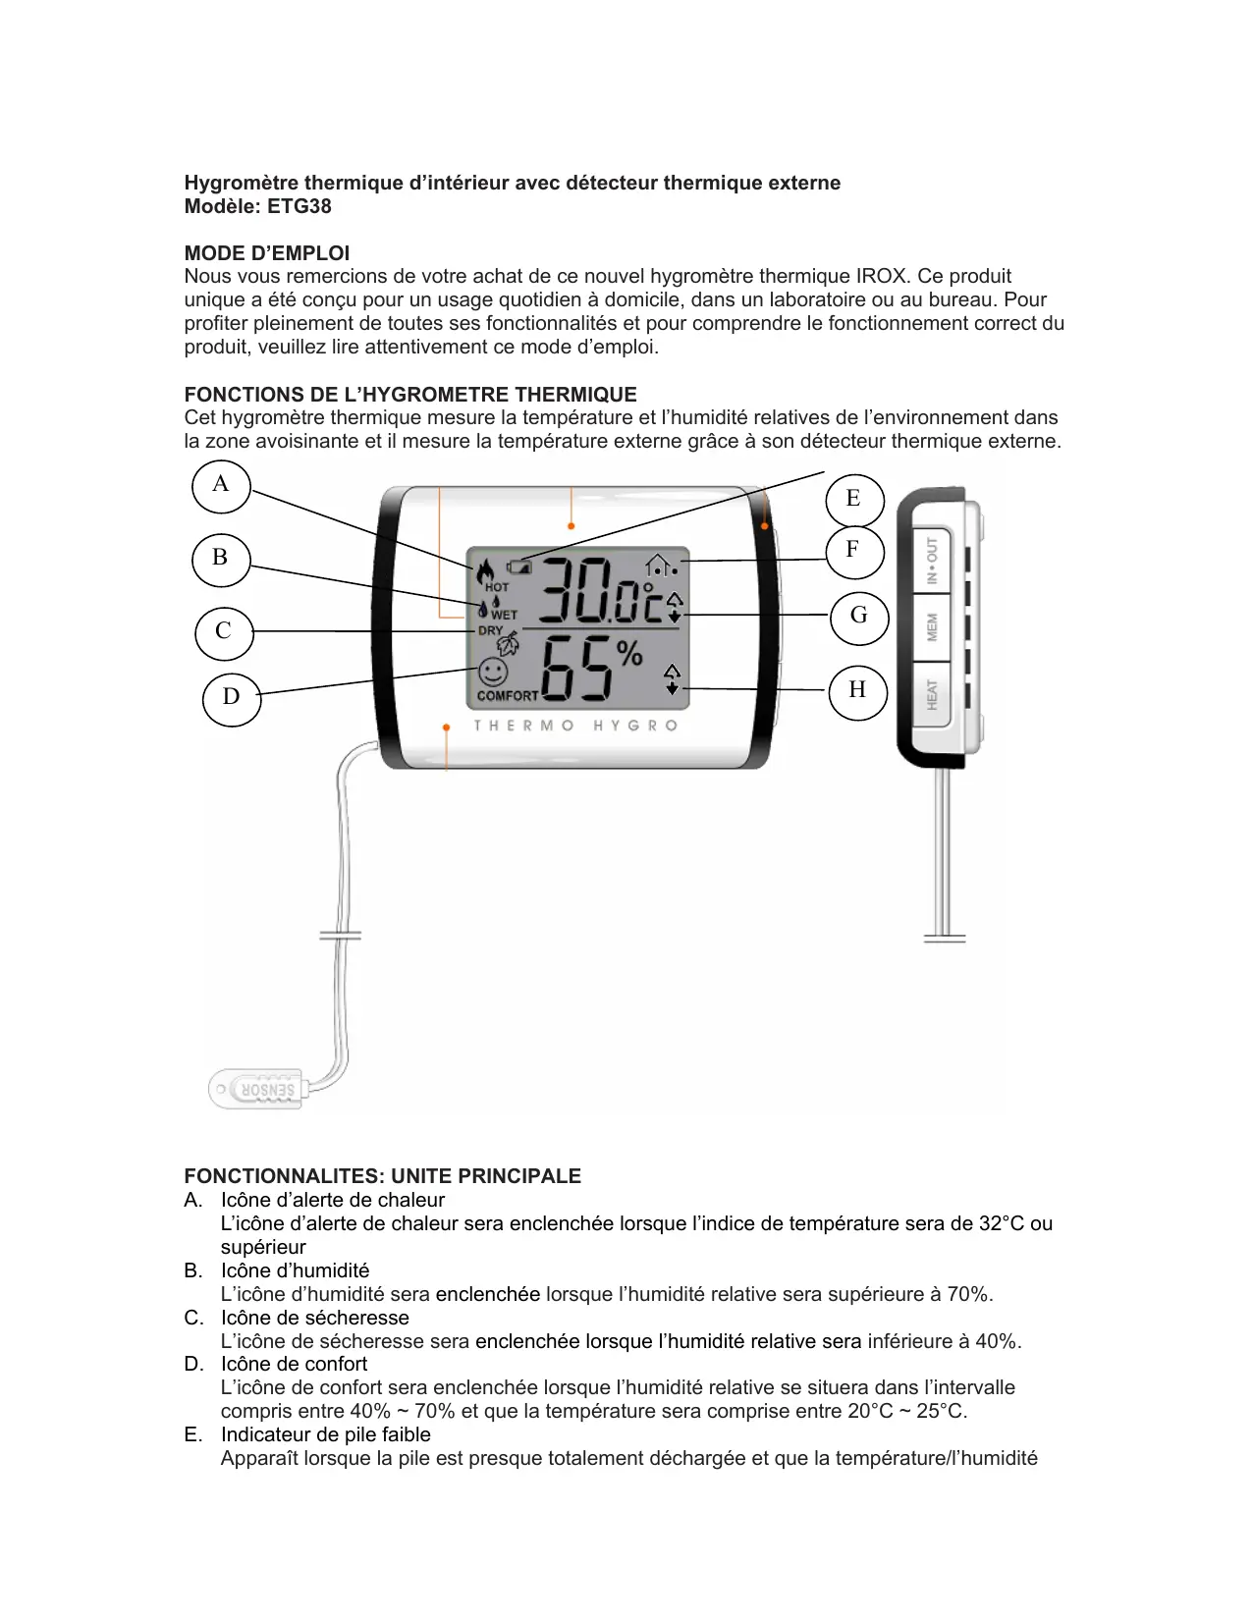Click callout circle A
[x=221, y=485]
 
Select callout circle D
[x=232, y=697]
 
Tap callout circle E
[x=853, y=499]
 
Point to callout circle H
[x=857, y=690]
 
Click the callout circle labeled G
[x=859, y=616]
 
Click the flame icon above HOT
[x=484, y=570]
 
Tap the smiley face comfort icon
[x=493, y=673]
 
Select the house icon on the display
[x=659, y=565]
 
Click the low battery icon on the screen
[x=518, y=567]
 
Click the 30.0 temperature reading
[x=599, y=591]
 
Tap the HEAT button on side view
[x=932, y=695]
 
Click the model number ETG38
[x=299, y=207]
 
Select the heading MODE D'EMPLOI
[x=267, y=253]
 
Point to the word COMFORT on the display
[x=508, y=696]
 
